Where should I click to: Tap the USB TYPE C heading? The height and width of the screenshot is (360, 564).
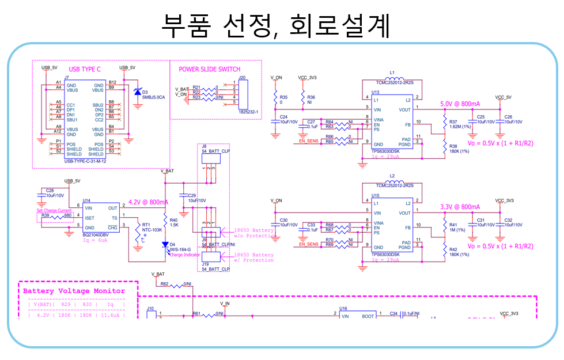pos(85,69)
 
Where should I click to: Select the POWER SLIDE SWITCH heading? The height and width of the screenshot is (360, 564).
pos(210,69)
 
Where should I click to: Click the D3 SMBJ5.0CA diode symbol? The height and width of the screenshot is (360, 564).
pos(137,92)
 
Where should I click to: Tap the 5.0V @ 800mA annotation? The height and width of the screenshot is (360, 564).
pos(460,104)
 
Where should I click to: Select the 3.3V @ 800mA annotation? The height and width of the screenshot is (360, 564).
pos(460,207)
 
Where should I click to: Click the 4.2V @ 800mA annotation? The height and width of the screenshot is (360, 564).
pos(149,202)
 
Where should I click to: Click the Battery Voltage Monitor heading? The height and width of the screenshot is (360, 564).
pos(74,291)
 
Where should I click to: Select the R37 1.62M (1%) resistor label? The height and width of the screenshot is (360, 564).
pos(461,124)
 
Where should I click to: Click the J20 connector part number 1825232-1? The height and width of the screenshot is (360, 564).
pos(249,111)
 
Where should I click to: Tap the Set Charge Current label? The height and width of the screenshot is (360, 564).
pos(54,211)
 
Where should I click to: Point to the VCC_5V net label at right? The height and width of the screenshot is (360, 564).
pos(503,97)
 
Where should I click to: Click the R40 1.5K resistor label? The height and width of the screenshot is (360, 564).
pos(173,222)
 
